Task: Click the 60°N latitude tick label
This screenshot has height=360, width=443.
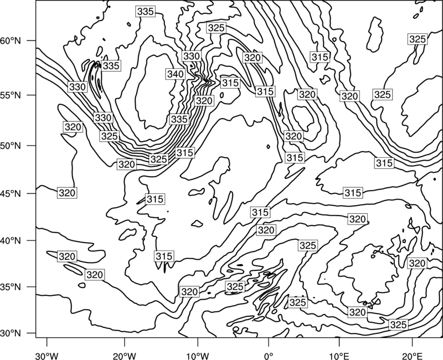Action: click(11, 41)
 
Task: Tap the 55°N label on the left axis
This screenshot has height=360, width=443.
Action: click(11, 95)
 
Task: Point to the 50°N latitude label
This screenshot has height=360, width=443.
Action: click(11, 146)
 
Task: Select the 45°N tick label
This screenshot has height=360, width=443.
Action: click(11, 193)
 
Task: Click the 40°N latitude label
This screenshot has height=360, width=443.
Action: click(11, 241)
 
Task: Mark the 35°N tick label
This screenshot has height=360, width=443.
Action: click(11, 287)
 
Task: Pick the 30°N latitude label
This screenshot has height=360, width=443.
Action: click(11, 333)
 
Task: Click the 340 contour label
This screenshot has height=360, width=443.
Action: click(176, 74)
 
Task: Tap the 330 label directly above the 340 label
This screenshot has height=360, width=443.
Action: click(192, 56)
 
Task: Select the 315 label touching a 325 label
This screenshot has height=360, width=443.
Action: click(185, 153)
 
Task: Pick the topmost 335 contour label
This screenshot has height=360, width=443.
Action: click(146, 11)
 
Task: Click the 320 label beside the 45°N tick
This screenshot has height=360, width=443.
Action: click(67, 193)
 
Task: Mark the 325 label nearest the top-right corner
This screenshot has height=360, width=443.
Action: click(418, 39)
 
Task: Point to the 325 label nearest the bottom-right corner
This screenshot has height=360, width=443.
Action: click(398, 325)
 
